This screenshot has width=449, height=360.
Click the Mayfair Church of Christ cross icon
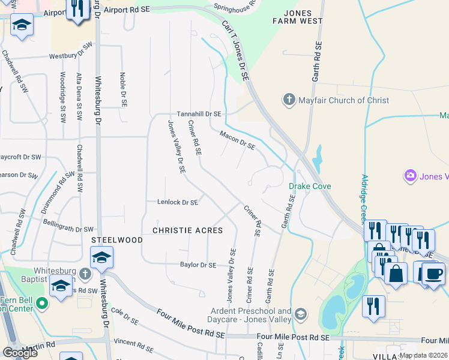point(289,100)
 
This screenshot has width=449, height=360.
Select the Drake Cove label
point(310,187)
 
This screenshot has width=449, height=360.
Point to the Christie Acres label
point(187,230)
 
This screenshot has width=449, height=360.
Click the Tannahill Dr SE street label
point(199,113)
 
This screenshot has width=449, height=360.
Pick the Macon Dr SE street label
point(238,140)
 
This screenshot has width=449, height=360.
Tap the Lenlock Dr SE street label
point(178,203)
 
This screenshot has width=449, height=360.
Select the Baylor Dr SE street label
point(197,265)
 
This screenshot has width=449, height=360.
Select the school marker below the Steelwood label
point(102,258)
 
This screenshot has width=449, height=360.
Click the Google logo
point(20,353)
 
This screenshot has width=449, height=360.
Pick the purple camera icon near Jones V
point(411,176)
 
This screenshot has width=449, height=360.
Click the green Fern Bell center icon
point(41,302)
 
